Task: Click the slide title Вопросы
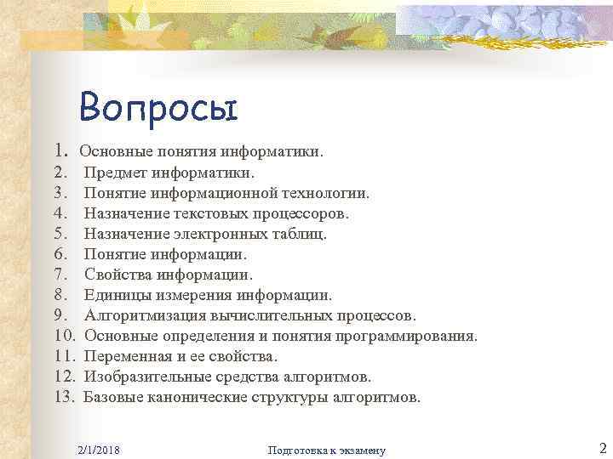[158, 109]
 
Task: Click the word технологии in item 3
[329, 193]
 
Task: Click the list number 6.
[60, 254]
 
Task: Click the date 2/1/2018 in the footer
[98, 449]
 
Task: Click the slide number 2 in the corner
[601, 447]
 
